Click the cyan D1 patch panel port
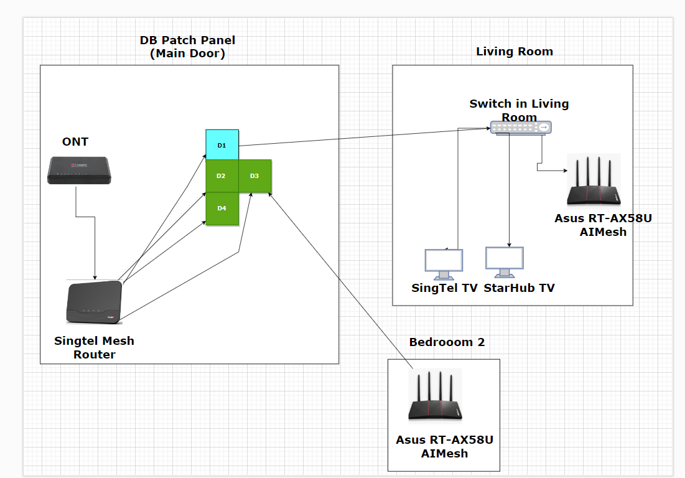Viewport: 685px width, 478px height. tap(222, 144)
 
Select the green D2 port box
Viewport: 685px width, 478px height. tap(222, 176)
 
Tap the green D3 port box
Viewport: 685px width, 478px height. tap(255, 176)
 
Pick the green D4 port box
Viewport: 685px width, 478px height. tap(222, 208)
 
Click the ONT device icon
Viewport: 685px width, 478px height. tap(79, 170)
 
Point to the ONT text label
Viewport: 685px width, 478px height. tap(75, 142)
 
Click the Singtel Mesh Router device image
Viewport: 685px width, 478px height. tap(94, 302)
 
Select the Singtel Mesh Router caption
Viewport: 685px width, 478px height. tap(94, 348)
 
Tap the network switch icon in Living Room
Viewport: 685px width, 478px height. tap(520, 127)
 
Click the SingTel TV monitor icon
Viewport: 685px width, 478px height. tap(444, 263)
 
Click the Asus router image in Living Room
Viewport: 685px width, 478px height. tap(594, 180)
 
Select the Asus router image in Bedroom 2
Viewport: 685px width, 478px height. tap(435, 396)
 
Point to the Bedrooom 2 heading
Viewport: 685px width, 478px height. tap(447, 342)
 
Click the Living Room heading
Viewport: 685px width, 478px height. tap(515, 52)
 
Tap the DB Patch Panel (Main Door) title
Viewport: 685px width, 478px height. tap(187, 47)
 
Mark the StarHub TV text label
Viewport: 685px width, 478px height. tap(519, 288)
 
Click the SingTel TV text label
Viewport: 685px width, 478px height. tap(444, 288)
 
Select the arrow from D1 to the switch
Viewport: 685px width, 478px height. tap(361, 138)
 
